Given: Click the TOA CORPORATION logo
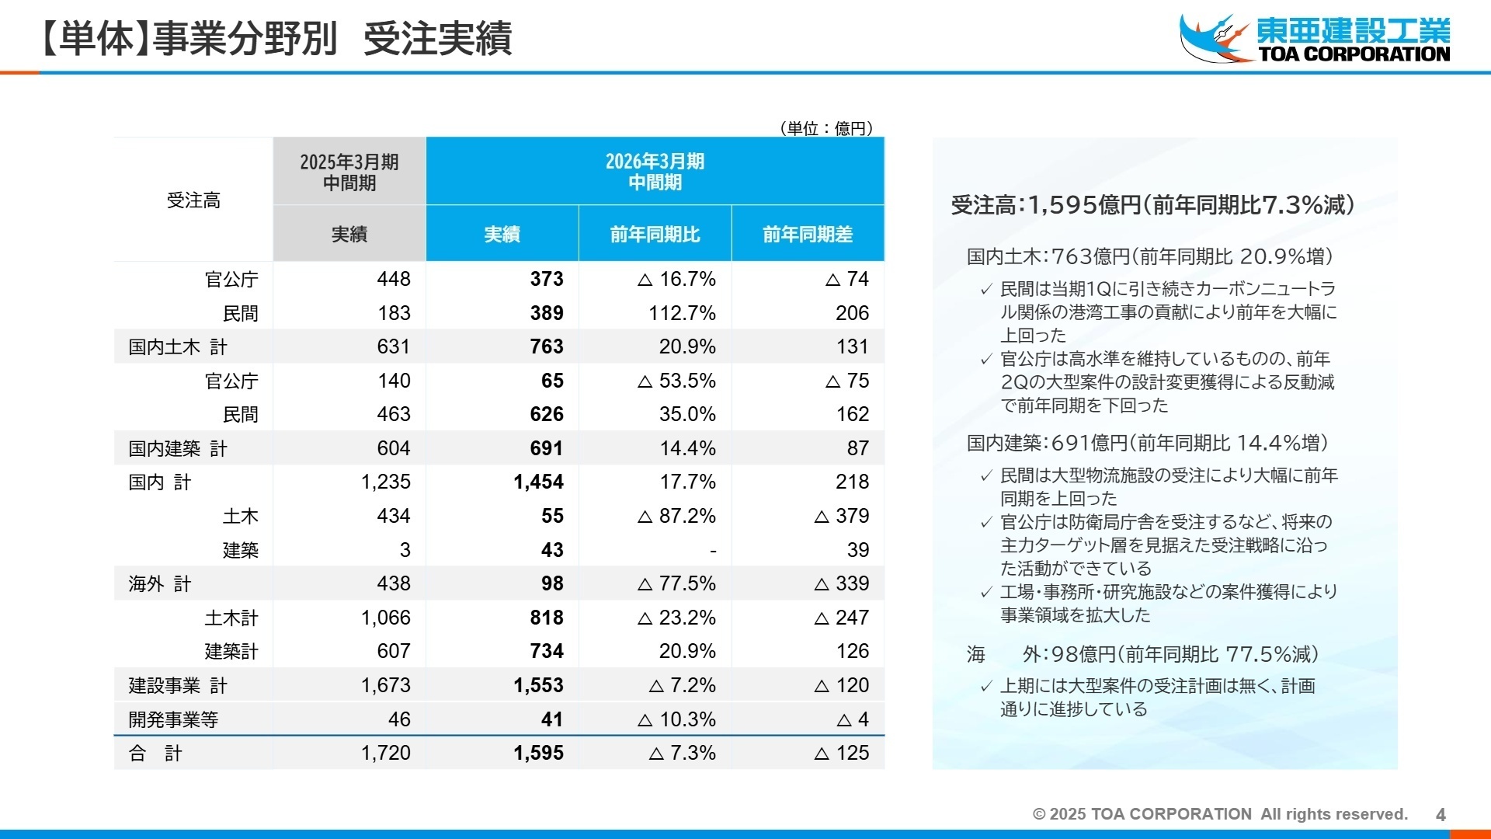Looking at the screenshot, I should pyautogui.click(x=1314, y=38).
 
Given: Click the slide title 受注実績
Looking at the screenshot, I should pyautogui.click(x=437, y=39).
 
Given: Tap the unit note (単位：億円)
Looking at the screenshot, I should pyautogui.click(x=826, y=128).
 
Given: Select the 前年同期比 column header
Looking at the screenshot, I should pyautogui.click(x=655, y=234).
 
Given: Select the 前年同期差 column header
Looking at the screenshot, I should pyautogui.click(x=808, y=234).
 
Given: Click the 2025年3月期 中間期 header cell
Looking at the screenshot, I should pyautogui.click(x=349, y=172).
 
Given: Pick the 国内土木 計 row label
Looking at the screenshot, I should pyautogui.click(x=178, y=347).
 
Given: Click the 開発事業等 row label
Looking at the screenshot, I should pyautogui.click(x=173, y=719).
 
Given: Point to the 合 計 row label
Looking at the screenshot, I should pyautogui.click(x=155, y=754).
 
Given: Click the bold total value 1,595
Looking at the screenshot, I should pyautogui.click(x=538, y=753).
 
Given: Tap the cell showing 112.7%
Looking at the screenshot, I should pyautogui.click(x=682, y=313).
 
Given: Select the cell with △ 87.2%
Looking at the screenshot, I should pyautogui.click(x=676, y=516).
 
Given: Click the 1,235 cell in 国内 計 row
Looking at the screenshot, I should pyautogui.click(x=385, y=482).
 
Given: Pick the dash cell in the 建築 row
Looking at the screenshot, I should pyautogui.click(x=712, y=551).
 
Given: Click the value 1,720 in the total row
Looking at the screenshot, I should pyautogui.click(x=385, y=753).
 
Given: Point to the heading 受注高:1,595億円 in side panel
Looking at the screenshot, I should pyautogui.click(x=1152, y=205).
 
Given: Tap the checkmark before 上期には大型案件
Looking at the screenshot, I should pyautogui.click(x=986, y=687).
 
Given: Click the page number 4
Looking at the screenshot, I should pyautogui.click(x=1441, y=815).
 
